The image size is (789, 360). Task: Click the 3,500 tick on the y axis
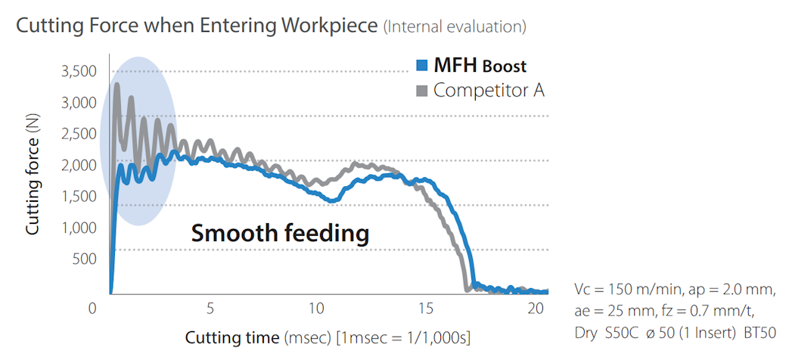tap(77, 72)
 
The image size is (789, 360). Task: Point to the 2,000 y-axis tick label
tap(77, 165)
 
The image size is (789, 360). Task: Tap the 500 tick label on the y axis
tap(84, 259)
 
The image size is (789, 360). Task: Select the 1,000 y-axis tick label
tap(77, 228)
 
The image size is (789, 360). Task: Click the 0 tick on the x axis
tap(93, 309)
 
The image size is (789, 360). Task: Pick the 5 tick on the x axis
tap(210, 309)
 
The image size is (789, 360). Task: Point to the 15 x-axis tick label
tap(426, 309)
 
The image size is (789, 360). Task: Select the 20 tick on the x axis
tap(535, 309)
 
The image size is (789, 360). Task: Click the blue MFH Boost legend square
tap(423, 64)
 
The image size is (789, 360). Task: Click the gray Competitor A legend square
tap(423, 90)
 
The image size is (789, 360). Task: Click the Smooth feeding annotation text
tap(280, 233)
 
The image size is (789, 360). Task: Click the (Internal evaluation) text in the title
tap(455, 26)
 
